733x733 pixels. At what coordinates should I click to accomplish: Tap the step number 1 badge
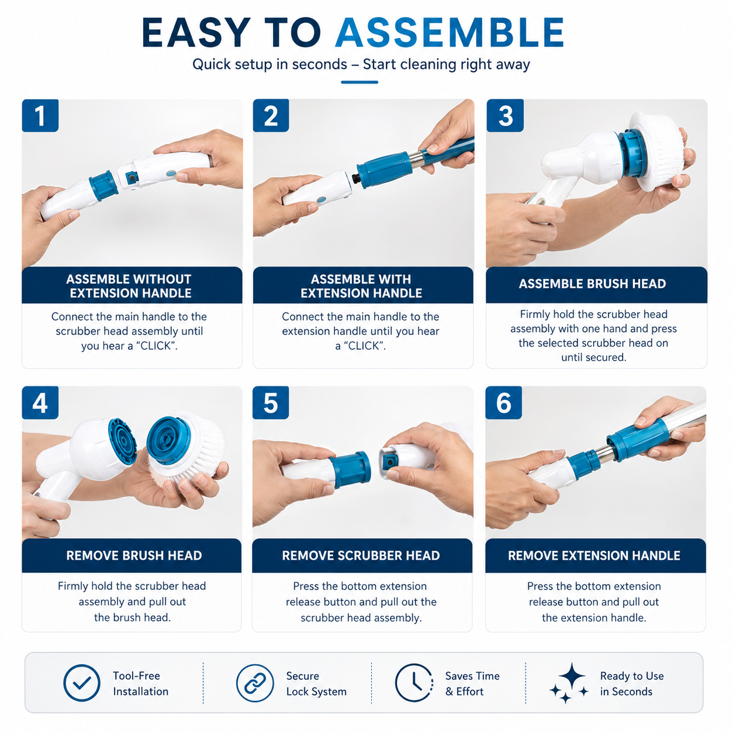click(40, 115)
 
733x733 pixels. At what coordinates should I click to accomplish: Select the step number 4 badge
click(40, 402)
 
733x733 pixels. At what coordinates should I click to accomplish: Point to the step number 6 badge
click(503, 402)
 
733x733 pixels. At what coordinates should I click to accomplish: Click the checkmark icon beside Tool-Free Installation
click(82, 683)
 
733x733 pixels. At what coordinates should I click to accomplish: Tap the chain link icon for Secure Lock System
click(255, 683)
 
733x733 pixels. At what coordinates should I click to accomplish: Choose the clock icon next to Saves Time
click(414, 683)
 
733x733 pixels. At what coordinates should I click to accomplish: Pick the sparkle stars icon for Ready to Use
click(569, 683)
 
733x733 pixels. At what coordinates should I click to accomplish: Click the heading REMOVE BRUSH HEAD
click(134, 555)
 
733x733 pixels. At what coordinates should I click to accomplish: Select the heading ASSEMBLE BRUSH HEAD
click(592, 283)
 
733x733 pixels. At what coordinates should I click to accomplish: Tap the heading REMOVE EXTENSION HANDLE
click(594, 555)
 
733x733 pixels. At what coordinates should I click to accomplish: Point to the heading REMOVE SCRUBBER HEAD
click(361, 555)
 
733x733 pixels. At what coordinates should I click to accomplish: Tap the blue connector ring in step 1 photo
click(103, 185)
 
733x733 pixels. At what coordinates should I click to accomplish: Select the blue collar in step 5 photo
click(350, 469)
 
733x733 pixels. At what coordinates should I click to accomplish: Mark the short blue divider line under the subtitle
click(359, 82)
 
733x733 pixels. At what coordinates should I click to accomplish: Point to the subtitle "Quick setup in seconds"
click(269, 64)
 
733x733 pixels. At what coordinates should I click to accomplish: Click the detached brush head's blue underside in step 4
click(168, 441)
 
